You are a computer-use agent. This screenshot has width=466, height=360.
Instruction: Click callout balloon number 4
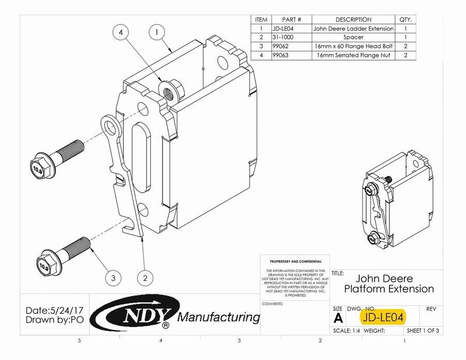[x=121, y=32]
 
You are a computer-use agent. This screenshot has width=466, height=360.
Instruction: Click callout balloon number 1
[x=156, y=32]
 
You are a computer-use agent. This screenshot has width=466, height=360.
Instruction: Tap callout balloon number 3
[x=113, y=278]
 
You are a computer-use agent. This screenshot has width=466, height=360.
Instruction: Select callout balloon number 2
[x=145, y=278]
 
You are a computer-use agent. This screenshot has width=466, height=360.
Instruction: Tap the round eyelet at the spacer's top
[x=108, y=124]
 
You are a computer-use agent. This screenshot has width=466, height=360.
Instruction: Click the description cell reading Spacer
[x=353, y=37]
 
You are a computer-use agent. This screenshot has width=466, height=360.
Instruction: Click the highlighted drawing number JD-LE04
[x=384, y=316]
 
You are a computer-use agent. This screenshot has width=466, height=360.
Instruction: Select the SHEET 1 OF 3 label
[x=423, y=330]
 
